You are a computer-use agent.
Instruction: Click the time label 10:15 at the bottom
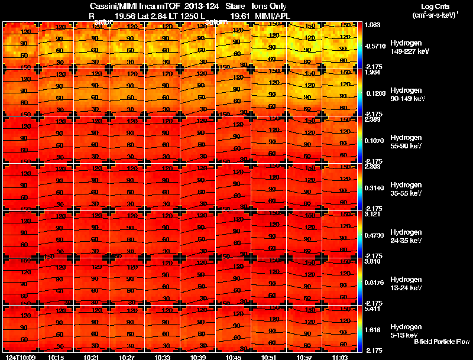(x=57, y=357)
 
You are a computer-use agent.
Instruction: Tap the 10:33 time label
(x=162, y=357)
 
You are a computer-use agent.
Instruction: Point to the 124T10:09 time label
(x=21, y=357)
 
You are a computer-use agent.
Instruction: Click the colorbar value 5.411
(x=372, y=309)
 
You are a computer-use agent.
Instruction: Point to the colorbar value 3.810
(x=372, y=261)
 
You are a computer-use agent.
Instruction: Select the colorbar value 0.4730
(x=374, y=235)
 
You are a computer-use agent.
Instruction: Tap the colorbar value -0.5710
(x=375, y=46)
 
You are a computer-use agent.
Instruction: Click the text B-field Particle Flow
(x=441, y=342)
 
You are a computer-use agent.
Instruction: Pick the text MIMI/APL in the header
(x=270, y=16)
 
